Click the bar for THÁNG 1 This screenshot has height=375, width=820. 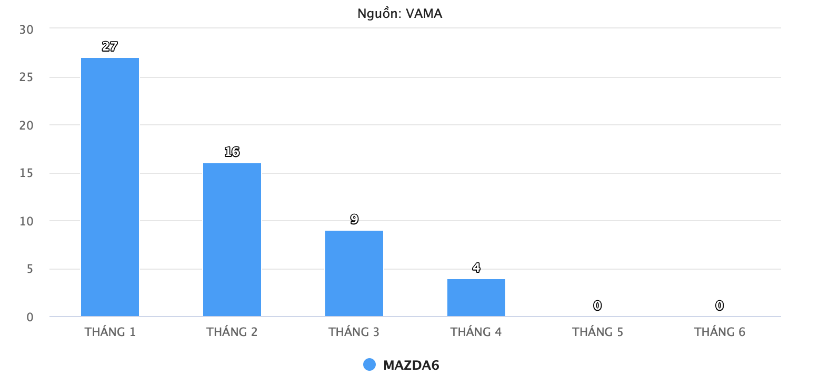110,187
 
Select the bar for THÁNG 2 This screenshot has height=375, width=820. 232,240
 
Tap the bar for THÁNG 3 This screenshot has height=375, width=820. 354,273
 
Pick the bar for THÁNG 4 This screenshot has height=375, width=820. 476,298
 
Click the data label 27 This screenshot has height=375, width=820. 109,46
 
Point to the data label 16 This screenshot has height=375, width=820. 232,152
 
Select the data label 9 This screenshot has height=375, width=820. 354,219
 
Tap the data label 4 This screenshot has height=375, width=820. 476,268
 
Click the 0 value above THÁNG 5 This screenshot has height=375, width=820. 597,305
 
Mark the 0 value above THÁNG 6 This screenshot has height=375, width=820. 719,305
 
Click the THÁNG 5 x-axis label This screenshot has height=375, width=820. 598,332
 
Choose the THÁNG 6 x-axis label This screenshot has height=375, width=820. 720,332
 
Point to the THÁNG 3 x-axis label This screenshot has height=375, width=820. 354,332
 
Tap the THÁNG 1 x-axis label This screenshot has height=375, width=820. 110,332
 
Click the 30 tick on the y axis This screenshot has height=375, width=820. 26,29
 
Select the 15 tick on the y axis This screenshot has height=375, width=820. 26,173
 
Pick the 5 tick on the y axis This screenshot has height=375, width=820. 30,269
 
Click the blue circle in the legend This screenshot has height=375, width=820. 369,364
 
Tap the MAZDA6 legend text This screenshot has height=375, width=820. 411,365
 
